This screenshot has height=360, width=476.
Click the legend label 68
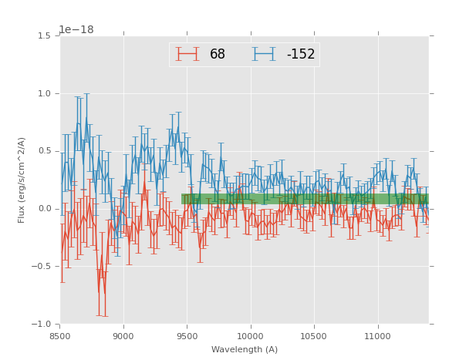[x=218, y=54]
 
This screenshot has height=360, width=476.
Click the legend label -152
[x=300, y=54]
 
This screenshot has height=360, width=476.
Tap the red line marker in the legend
[x=187, y=54]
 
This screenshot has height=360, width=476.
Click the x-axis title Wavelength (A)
[x=245, y=350]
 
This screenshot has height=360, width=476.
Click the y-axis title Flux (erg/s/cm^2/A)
[x=22, y=180]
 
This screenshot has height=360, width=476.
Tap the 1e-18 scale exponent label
[x=76, y=30]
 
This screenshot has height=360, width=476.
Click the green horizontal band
[x=305, y=199]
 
